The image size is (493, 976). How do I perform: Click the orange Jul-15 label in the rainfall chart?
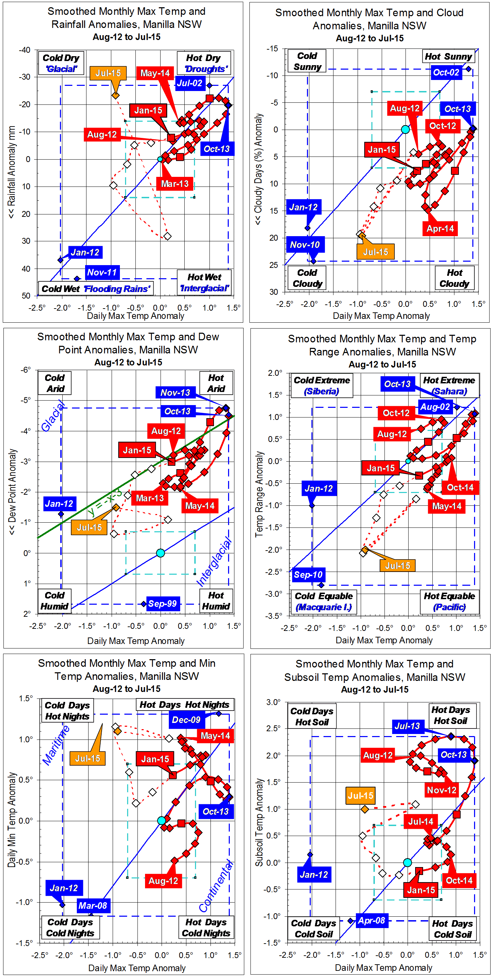pyautogui.click(x=108, y=73)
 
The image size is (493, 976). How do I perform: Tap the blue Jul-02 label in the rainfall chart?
pyautogui.click(x=190, y=83)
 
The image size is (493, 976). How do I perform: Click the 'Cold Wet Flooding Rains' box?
pyautogui.click(x=95, y=289)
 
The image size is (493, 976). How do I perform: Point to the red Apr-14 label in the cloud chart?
pyautogui.click(x=440, y=229)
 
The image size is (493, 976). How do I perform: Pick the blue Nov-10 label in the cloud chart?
pyautogui.click(x=305, y=245)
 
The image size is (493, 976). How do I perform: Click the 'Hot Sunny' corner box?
pyautogui.click(x=448, y=57)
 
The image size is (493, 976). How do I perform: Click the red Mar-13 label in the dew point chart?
pyautogui.click(x=150, y=498)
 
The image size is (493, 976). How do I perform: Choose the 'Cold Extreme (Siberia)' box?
pyautogui.click(x=322, y=386)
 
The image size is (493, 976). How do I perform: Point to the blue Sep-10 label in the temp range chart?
pyautogui.click(x=308, y=574)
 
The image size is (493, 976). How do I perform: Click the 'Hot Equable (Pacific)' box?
pyautogui.click(x=449, y=602)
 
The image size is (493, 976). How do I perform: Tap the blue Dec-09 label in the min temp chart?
pyautogui.click(x=186, y=720)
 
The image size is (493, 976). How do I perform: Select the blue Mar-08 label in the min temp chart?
pyautogui.click(x=93, y=906)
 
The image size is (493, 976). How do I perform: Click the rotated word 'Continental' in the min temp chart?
pyautogui.click(x=215, y=887)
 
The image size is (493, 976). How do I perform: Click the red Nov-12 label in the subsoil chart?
pyautogui.click(x=442, y=790)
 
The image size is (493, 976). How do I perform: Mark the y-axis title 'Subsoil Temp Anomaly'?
pyautogui.click(x=259, y=822)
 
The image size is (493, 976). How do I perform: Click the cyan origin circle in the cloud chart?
pyautogui.click(x=405, y=130)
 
